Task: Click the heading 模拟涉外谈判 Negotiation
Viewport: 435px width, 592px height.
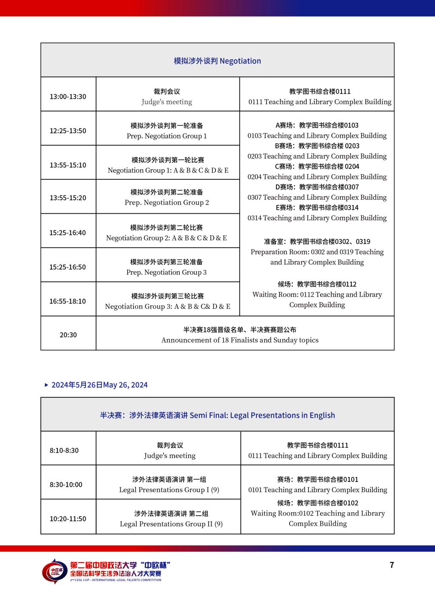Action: [217, 61]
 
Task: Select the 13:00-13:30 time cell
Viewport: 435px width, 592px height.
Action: [68, 96]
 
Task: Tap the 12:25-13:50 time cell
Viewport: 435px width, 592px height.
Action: [68, 131]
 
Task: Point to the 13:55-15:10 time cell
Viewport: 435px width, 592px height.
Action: [68, 165]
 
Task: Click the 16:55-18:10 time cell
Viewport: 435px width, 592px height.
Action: [68, 301]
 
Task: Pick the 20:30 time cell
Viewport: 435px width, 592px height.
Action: [68, 335]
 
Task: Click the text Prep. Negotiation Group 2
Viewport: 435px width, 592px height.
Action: [167, 203]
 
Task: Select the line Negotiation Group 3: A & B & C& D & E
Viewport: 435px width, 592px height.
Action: [167, 306]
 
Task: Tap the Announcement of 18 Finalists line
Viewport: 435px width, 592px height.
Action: [240, 340]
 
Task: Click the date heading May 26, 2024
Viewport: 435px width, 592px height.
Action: [99, 385]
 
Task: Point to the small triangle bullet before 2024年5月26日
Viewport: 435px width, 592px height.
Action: [46, 385]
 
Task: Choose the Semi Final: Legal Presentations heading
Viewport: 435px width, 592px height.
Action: [217, 415]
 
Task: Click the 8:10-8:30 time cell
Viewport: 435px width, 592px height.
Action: [64, 450]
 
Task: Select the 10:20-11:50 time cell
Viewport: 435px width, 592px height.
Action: [68, 519]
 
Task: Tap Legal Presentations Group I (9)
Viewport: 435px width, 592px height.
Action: [169, 490]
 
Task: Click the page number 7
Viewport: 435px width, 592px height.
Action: [392, 565]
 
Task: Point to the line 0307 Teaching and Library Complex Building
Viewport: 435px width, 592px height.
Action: [317, 197]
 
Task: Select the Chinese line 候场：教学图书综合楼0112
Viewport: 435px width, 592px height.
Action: [317, 284]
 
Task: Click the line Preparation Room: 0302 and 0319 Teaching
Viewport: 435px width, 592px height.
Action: [317, 252]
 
